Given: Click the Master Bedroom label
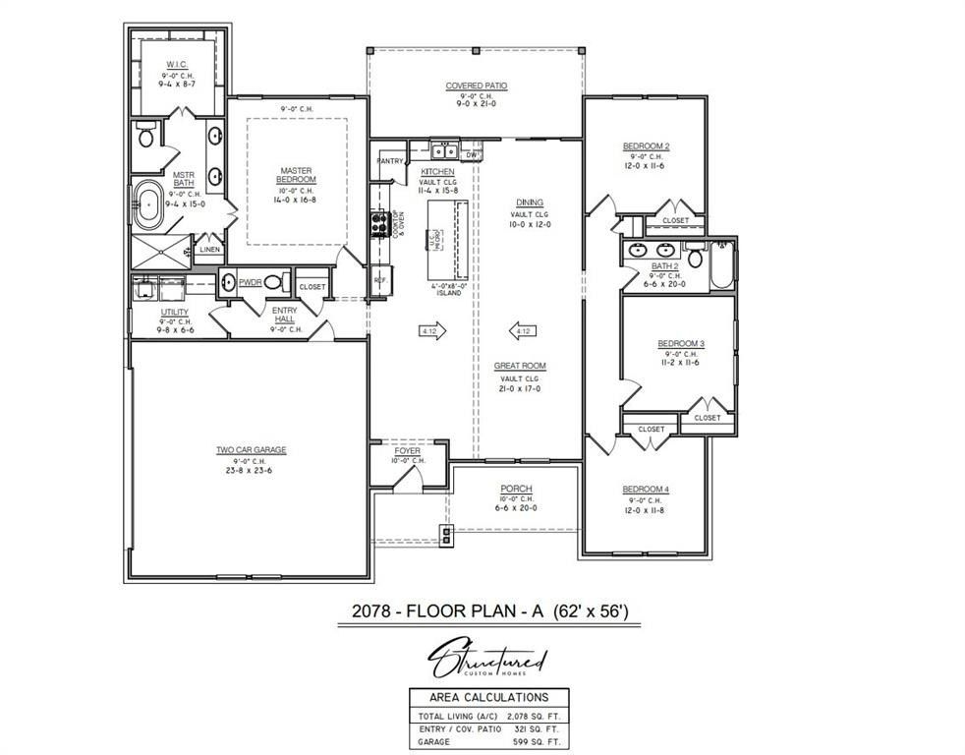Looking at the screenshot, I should (296, 174).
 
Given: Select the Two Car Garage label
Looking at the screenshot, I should (252, 450).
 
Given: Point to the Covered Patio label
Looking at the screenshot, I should (477, 86).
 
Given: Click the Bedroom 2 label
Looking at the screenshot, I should (646, 146).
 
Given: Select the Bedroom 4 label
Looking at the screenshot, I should (645, 490).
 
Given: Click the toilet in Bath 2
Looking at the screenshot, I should (696, 259).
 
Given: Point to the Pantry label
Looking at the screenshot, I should (390, 160).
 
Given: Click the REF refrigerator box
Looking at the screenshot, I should (379, 280).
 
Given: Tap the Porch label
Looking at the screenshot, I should (516, 489).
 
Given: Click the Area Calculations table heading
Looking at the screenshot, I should (482, 696).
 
